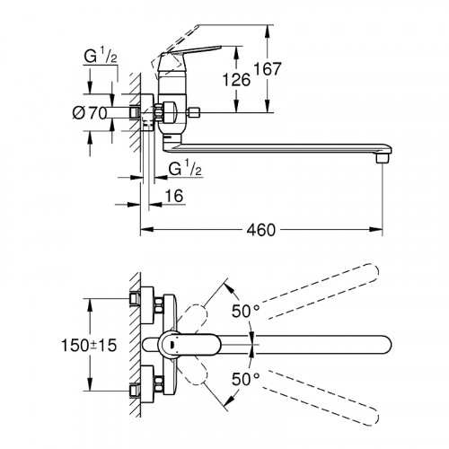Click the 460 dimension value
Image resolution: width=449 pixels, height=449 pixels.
click(x=260, y=230)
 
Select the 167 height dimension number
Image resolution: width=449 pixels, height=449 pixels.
click(x=268, y=69)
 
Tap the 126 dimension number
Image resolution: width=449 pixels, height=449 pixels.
click(x=236, y=80)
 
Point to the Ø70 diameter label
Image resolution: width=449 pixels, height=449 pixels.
click(x=90, y=113)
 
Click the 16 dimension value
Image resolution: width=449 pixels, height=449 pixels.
click(x=174, y=196)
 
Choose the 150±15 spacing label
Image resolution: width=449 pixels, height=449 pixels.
click(x=89, y=345)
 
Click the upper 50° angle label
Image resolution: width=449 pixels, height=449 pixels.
click(x=245, y=311)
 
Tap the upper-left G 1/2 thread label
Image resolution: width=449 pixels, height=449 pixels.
click(x=101, y=57)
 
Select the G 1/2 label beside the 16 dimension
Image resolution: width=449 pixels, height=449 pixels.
click(x=185, y=169)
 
